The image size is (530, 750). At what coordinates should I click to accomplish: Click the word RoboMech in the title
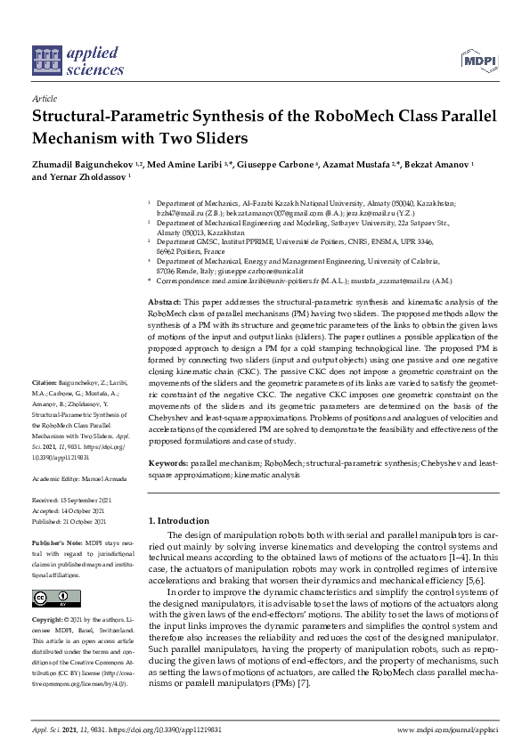(x=347, y=118)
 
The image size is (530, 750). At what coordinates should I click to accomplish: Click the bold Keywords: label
(x=167, y=464)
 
